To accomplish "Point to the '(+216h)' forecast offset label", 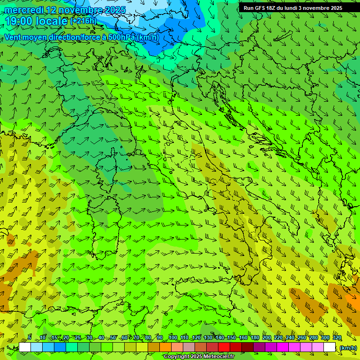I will pos(83,21).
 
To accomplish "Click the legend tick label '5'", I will pos(30,337).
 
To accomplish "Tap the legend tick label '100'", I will pos(172,337).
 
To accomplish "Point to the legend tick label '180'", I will pos(255,337).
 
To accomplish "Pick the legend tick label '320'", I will pos(337,337).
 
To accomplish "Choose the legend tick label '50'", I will pos(113,337).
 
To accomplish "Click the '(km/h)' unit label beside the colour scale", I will pos(348,348).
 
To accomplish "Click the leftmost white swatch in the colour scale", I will pos(25,347).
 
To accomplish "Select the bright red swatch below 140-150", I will pos(225,347).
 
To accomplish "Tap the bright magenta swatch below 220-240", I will pos(283,347).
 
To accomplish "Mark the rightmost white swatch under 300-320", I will pos(330,347).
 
